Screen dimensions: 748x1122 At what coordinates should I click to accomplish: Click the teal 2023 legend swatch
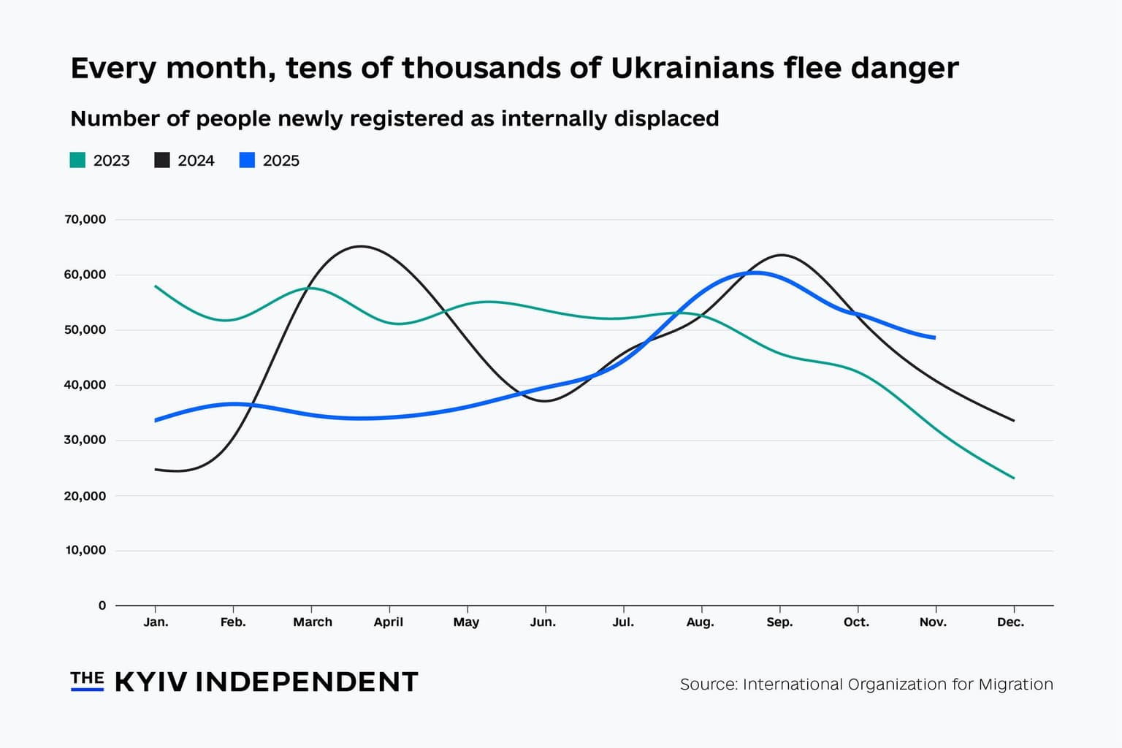[x=77, y=161]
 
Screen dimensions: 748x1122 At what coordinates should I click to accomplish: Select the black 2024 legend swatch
[x=162, y=161]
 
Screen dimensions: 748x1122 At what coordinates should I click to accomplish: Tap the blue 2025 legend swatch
[x=247, y=161]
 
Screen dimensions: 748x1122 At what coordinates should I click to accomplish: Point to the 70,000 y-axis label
[x=85, y=219]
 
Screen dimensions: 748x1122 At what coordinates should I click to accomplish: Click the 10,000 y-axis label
[x=85, y=550]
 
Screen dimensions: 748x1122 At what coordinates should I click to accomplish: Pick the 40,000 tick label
[x=85, y=385]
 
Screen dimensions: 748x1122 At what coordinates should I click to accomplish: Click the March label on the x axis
[x=313, y=622]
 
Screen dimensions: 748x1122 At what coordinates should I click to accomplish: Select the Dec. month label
[x=1010, y=622]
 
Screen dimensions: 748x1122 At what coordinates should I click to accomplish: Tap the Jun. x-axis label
[x=543, y=622]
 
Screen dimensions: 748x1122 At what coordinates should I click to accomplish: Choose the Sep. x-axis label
[x=779, y=622]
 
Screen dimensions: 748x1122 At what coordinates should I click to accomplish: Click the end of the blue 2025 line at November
[x=934, y=337]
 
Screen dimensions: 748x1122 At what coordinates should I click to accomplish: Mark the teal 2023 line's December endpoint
[x=1013, y=478]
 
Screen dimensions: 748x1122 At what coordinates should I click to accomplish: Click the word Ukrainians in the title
[x=692, y=68]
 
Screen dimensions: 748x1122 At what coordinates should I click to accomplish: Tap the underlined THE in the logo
[x=87, y=679]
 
